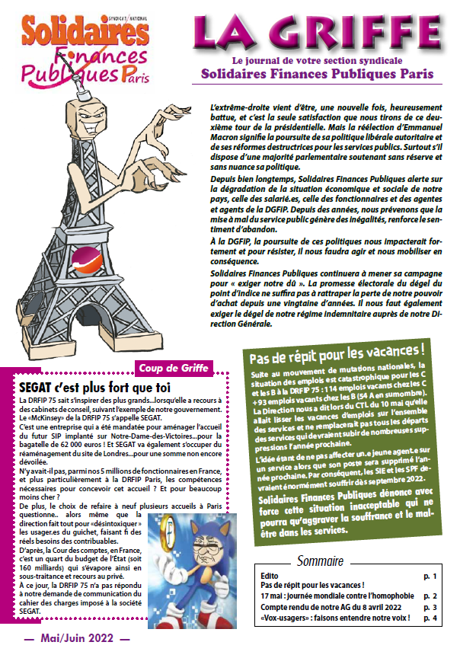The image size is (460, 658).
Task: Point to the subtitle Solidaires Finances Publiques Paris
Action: point(318,74)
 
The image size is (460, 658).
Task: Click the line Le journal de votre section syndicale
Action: point(317,61)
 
